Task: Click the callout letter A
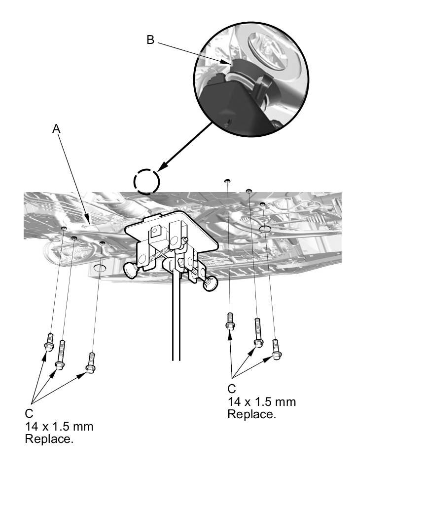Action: click(56, 128)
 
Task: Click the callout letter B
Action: click(150, 40)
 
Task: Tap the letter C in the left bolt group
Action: click(29, 413)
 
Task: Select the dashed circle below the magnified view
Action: click(146, 182)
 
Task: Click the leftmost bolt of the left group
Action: click(49, 341)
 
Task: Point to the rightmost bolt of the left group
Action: click(90, 362)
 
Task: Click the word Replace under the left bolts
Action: click(49, 439)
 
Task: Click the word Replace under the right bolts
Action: click(251, 414)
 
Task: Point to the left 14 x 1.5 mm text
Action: click(59, 426)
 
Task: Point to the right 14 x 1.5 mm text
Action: click(261, 401)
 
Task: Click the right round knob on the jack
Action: click(211, 282)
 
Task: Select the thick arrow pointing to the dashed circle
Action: click(187, 144)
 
